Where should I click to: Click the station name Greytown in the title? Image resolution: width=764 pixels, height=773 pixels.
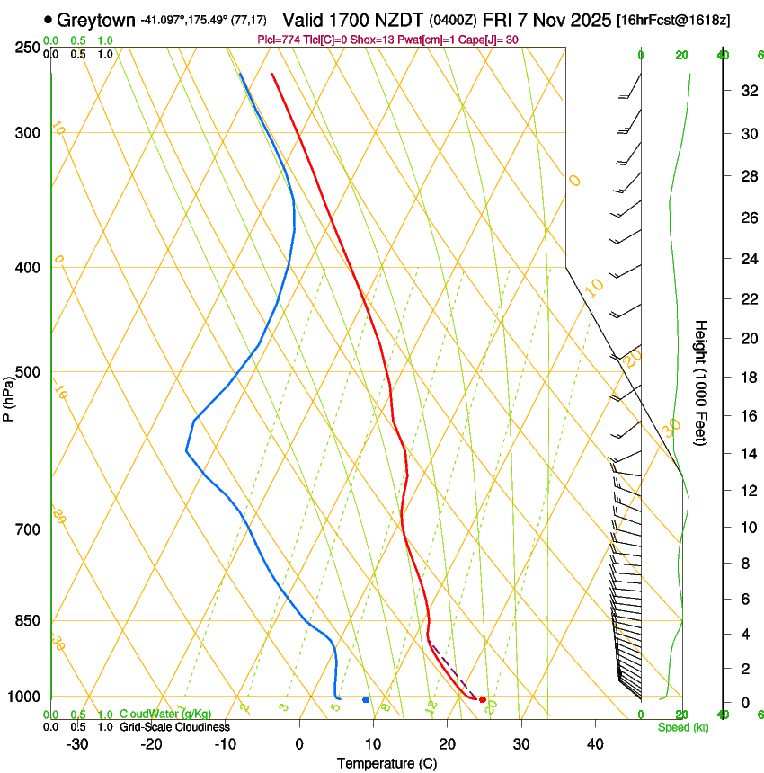pyautogui.click(x=99, y=19)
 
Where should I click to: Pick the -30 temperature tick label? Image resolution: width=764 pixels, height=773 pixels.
pyautogui.click(x=77, y=744)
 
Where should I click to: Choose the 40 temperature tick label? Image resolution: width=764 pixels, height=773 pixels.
pyautogui.click(x=595, y=744)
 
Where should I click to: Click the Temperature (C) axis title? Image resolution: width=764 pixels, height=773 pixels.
pyautogui.click(x=386, y=763)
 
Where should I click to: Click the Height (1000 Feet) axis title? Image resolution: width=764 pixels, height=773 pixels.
pyautogui.click(x=702, y=382)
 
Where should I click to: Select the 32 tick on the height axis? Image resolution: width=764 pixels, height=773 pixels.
pyautogui.click(x=747, y=90)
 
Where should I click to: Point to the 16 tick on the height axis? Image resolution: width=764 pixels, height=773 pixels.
pyautogui.click(x=747, y=416)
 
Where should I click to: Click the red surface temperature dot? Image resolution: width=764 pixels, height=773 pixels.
pyautogui.click(x=483, y=699)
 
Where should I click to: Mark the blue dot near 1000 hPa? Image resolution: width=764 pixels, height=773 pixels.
pyautogui.click(x=366, y=699)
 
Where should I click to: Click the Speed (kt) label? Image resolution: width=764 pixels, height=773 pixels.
pyautogui.click(x=678, y=726)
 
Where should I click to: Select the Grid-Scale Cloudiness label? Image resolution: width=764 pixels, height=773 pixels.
pyautogui.click(x=174, y=726)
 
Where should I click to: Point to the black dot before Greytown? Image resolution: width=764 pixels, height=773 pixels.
pyautogui.click(x=48, y=19)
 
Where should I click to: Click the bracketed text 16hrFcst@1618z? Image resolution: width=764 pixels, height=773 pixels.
pyautogui.click(x=672, y=19)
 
